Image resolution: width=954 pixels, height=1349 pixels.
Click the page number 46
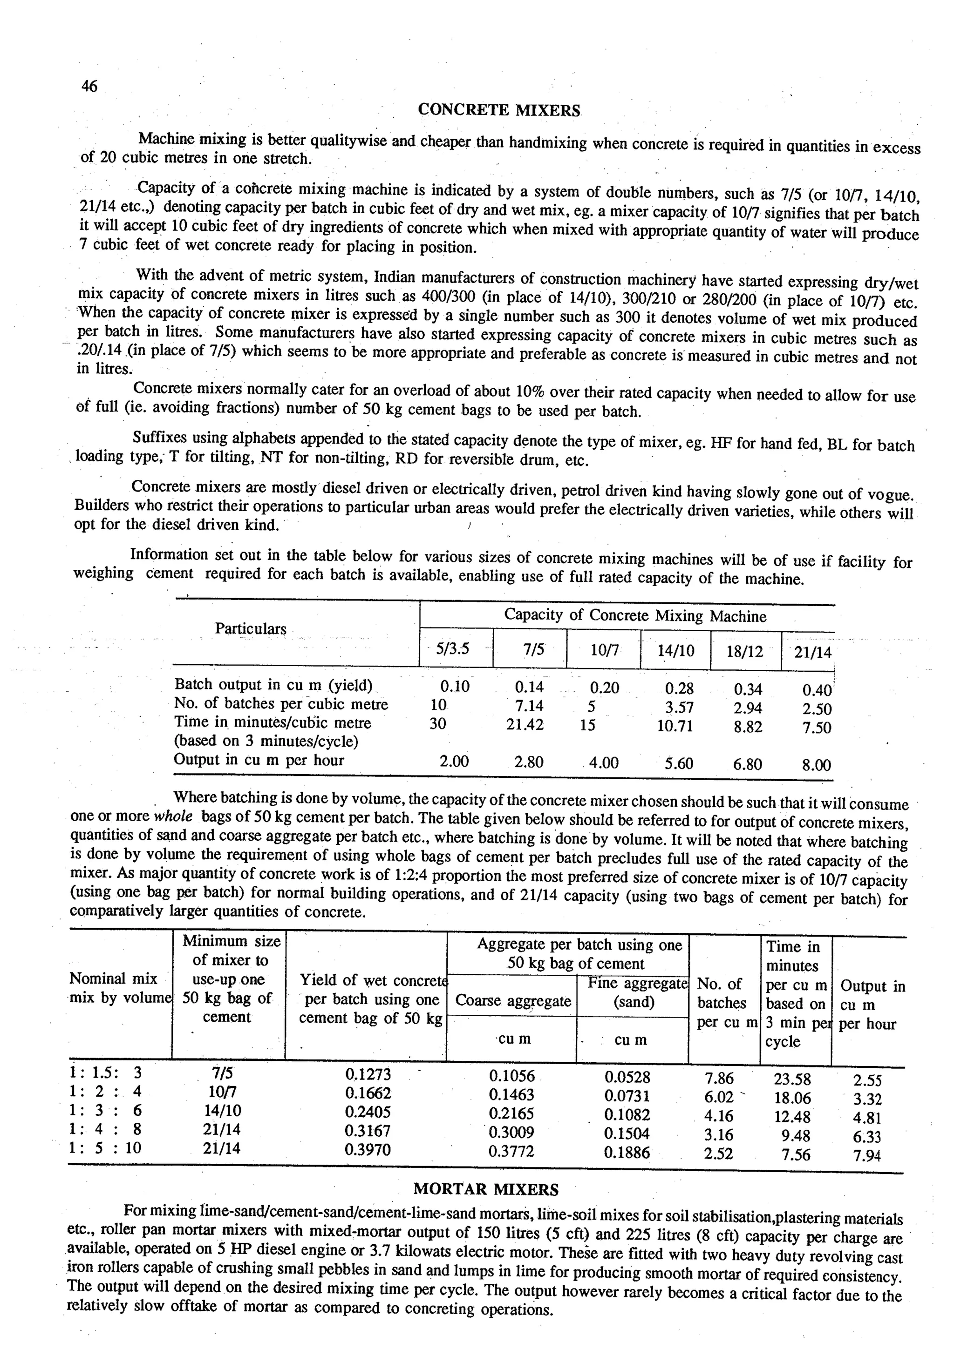pos(89,87)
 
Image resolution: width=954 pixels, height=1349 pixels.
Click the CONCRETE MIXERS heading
pos(498,110)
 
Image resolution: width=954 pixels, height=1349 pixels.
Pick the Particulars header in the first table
pos(251,629)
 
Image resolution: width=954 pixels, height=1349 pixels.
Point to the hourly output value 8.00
pos(817,765)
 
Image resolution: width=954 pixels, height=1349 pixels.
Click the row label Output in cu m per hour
pos(259,760)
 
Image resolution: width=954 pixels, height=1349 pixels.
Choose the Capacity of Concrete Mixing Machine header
pos(635,616)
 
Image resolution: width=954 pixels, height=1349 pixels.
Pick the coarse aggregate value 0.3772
pos(511,1152)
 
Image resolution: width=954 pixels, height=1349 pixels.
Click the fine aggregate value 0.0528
pos(627,1077)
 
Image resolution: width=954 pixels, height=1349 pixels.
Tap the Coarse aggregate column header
pos(513,1001)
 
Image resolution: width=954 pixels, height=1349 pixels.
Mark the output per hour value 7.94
pos(867,1156)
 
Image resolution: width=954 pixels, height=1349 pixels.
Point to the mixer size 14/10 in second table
pos(222,1111)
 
